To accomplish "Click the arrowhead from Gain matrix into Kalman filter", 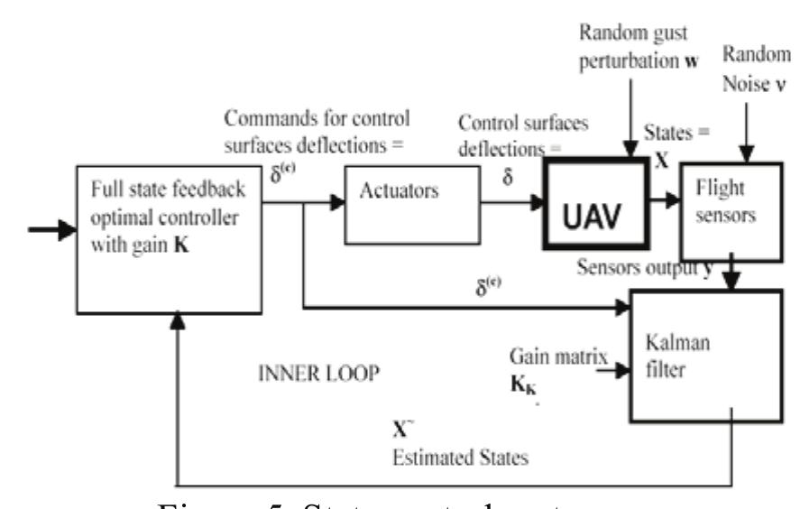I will click(621, 368).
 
